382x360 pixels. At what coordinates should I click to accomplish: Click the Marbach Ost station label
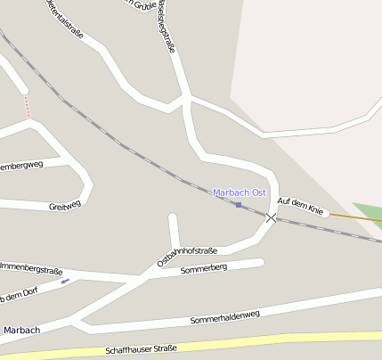(x=240, y=192)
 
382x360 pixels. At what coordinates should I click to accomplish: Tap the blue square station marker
(x=238, y=206)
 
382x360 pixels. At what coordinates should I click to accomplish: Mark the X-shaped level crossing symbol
(x=272, y=217)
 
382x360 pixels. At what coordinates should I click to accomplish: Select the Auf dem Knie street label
(x=299, y=205)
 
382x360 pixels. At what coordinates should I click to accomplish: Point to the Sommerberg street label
(x=204, y=268)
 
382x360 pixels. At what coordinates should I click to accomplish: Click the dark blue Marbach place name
(x=20, y=330)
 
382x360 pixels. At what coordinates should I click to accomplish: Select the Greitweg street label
(x=65, y=204)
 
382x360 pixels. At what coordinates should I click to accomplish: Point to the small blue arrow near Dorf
(x=64, y=282)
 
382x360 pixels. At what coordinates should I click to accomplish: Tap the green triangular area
(x=367, y=213)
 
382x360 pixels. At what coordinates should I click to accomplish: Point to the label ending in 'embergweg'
(x=21, y=166)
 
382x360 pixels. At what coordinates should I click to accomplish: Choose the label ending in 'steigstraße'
(x=166, y=27)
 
